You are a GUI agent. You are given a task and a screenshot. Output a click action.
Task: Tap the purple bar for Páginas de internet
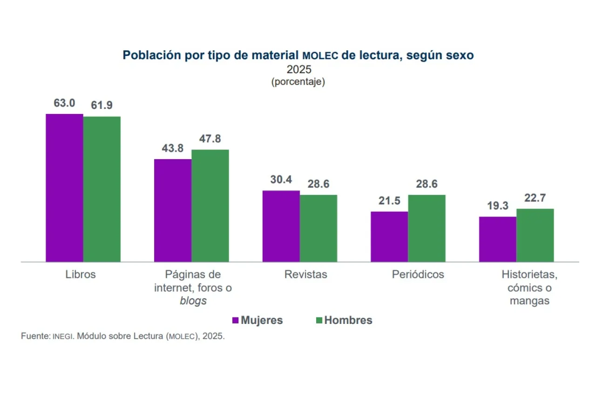point(173,210)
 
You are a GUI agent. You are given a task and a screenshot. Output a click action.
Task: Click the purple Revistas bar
point(281,226)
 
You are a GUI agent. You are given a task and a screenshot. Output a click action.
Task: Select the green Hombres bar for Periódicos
point(427,228)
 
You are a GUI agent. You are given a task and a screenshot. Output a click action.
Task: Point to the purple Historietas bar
point(498,239)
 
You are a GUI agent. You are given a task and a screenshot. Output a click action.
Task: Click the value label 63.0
point(64,103)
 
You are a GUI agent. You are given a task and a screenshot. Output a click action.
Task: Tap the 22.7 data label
point(535,198)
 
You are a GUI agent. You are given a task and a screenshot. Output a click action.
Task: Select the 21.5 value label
point(389,201)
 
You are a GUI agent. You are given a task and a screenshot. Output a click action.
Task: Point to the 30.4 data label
point(281,180)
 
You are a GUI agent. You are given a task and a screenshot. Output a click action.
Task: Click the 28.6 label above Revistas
point(318,184)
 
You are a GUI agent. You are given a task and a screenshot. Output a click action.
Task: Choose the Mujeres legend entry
point(257,320)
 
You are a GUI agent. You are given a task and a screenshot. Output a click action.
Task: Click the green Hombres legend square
point(319,320)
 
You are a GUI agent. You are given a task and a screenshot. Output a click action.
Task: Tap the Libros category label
point(81,274)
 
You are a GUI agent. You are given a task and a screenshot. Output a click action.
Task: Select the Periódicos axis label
point(418,274)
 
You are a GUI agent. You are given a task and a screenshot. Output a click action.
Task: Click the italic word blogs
point(193,301)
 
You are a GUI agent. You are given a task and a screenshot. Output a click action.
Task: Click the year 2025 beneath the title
point(298,69)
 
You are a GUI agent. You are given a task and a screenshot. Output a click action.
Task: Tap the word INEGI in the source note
point(62,336)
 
